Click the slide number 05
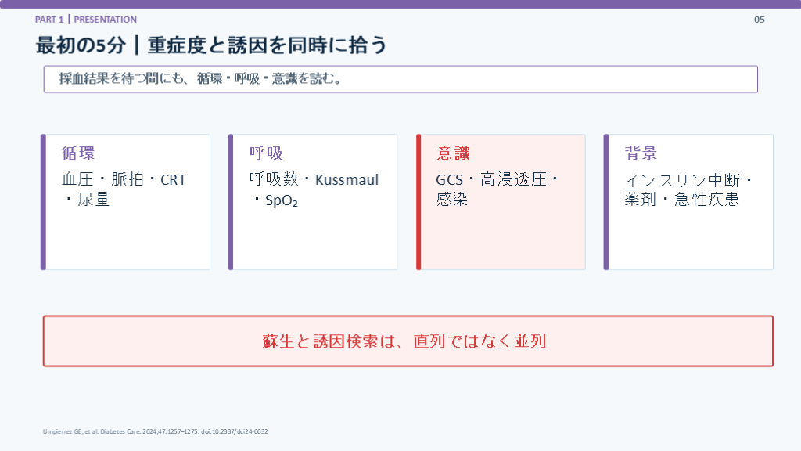click(759, 20)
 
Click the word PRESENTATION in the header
click(106, 20)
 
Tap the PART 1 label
click(49, 20)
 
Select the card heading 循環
click(78, 153)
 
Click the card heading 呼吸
click(266, 153)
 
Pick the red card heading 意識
click(453, 153)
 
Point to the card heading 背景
click(641, 153)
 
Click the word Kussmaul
click(347, 180)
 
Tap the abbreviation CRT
click(173, 180)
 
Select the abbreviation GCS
click(449, 180)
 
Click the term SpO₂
click(282, 200)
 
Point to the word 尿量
click(94, 200)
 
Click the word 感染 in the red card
click(452, 199)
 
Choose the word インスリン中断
click(682, 180)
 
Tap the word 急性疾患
click(706, 199)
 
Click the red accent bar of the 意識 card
click(418, 202)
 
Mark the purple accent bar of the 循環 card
click(44, 202)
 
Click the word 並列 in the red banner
click(530, 341)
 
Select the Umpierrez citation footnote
click(156, 431)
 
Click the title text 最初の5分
click(81, 45)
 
